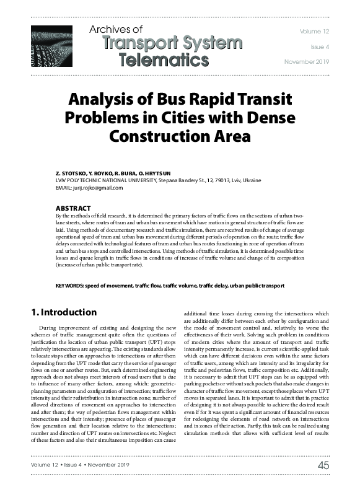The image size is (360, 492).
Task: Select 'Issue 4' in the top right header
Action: [x=320, y=46]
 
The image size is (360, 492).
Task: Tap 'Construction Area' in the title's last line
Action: [x=180, y=134]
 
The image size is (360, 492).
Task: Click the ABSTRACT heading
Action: [x=73, y=208]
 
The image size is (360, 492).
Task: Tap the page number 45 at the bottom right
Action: [x=322, y=465]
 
